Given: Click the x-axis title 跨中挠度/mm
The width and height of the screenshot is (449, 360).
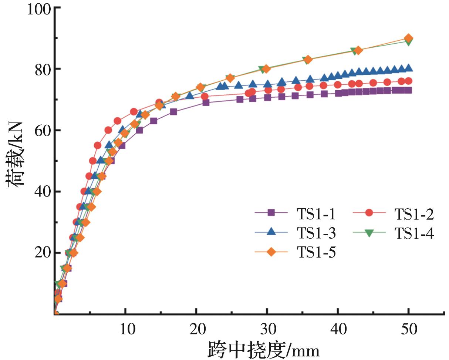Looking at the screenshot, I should pos(263,349).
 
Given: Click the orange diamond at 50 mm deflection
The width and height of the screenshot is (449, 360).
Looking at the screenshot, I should pos(408,38).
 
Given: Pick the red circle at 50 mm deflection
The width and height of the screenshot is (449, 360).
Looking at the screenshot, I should pos(408,81).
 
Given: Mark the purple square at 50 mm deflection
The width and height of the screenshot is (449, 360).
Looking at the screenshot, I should pos(408,90).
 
